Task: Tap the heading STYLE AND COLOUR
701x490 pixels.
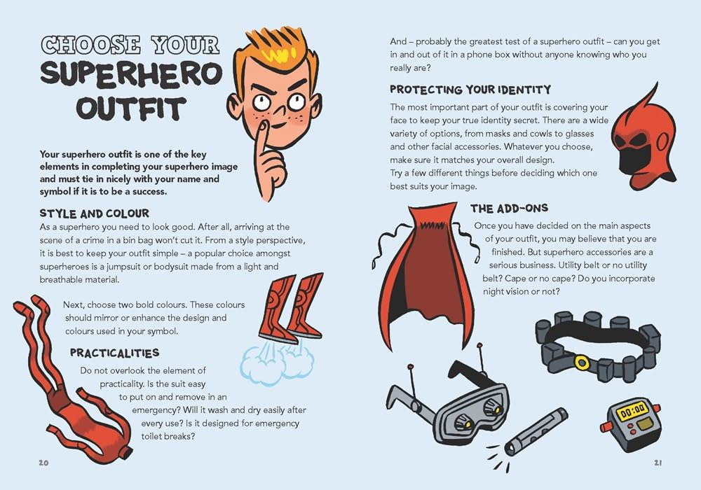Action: click(x=94, y=213)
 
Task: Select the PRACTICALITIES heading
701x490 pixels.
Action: click(x=114, y=353)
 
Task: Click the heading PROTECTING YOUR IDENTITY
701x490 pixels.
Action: click(x=470, y=90)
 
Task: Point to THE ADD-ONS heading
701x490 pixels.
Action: click(x=509, y=209)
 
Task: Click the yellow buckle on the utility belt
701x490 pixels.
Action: click(x=580, y=361)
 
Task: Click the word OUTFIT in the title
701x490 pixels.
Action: click(x=130, y=109)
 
